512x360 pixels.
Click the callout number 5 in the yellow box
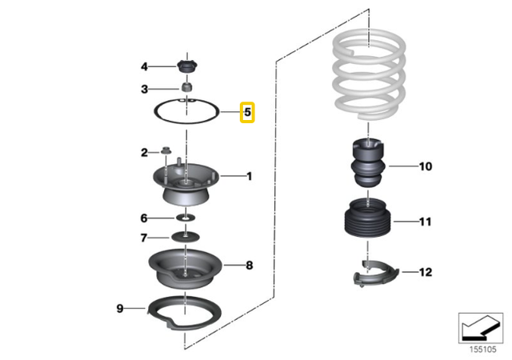(247, 113)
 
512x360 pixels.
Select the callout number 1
(248, 175)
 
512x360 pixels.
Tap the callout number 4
(144, 66)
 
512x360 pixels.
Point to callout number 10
(425, 166)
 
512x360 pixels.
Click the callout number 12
(425, 272)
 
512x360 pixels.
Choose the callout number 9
(119, 307)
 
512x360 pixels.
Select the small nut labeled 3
(185, 87)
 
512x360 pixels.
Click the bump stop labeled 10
(369, 164)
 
